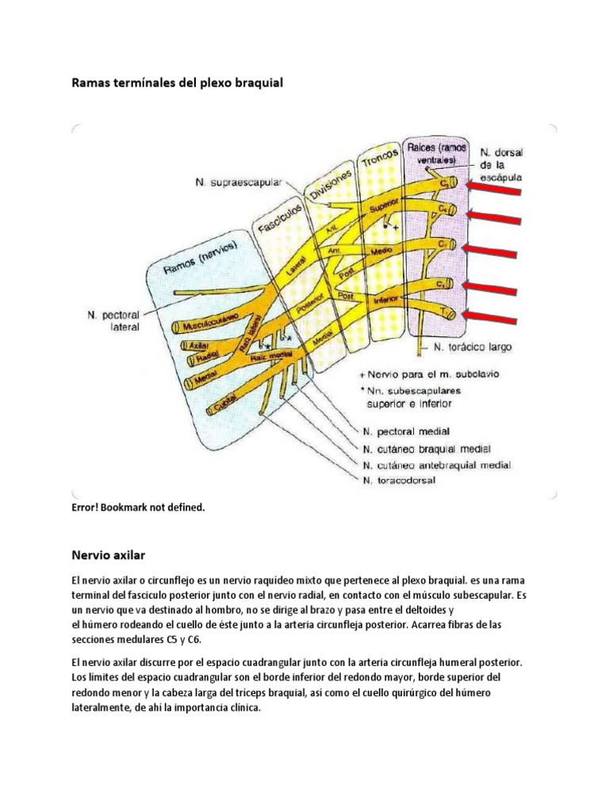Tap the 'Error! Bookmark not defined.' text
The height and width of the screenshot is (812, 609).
pyautogui.click(x=137, y=507)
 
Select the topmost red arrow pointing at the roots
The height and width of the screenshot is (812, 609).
pyautogui.click(x=495, y=187)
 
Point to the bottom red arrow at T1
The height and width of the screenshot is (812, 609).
pyautogui.click(x=495, y=316)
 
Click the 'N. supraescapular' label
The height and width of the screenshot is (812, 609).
pyautogui.click(x=238, y=182)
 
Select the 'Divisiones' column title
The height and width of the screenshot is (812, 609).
pyautogui.click(x=327, y=186)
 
